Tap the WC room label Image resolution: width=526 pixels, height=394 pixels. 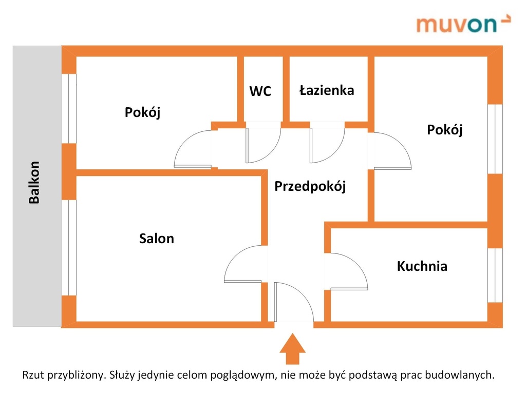click(x=260, y=91)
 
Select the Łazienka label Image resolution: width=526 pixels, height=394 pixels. click(x=327, y=90)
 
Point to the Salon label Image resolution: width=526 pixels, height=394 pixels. click(x=157, y=239)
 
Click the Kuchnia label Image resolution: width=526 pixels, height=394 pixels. click(x=422, y=266)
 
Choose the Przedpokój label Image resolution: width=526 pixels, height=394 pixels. click(x=310, y=186)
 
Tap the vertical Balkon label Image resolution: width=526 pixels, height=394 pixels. click(x=34, y=183)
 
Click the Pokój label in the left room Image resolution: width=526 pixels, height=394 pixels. click(x=142, y=112)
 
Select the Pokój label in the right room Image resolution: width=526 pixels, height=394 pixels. click(x=445, y=130)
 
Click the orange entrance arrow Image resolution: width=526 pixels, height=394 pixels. click(x=292, y=349)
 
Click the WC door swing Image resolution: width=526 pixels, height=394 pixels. click(x=263, y=144)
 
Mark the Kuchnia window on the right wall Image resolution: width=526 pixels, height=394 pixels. click(x=495, y=275)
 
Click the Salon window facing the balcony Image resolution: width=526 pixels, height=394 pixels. click(x=69, y=247)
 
